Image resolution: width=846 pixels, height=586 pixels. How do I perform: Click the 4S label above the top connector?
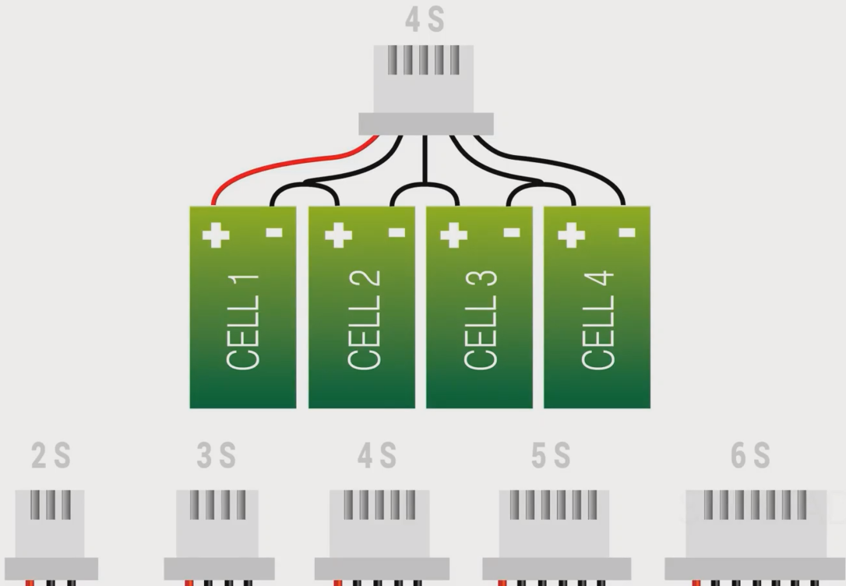(x=425, y=22)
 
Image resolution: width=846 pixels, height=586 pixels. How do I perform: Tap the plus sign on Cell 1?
(x=216, y=235)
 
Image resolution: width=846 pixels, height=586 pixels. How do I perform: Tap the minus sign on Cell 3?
(x=512, y=232)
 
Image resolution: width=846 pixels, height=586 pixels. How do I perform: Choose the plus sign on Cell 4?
(x=571, y=235)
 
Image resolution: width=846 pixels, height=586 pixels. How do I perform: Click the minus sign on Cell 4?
(x=627, y=232)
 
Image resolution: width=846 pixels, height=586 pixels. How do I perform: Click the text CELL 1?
(x=242, y=320)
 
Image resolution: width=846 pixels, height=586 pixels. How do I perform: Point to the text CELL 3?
(x=481, y=320)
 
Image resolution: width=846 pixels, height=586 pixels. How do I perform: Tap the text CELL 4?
(x=598, y=320)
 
